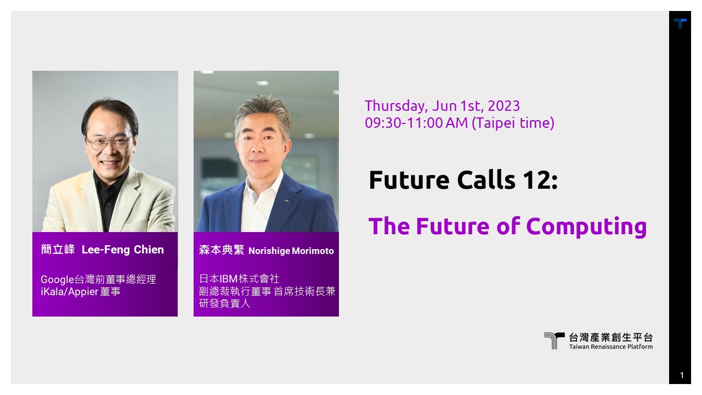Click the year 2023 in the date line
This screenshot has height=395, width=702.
[x=504, y=106]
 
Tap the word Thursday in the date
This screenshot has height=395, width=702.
[x=397, y=106]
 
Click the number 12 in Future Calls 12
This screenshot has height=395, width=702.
[x=537, y=180]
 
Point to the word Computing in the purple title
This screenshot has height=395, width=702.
[x=587, y=227]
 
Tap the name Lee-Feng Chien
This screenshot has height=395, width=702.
[x=122, y=250]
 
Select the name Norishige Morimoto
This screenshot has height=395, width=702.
[x=291, y=251]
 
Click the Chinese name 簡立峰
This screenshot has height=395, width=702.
[x=58, y=250]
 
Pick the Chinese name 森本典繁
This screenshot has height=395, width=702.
[x=222, y=250]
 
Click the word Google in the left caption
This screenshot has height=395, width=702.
[x=58, y=280]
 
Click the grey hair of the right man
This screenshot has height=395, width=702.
[x=263, y=111]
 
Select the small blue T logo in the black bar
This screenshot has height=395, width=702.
[x=680, y=23]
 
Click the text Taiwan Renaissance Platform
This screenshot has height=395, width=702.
[x=611, y=347]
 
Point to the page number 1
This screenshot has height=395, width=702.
[x=682, y=375]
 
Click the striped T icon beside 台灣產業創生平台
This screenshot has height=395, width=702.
[x=554, y=341]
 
